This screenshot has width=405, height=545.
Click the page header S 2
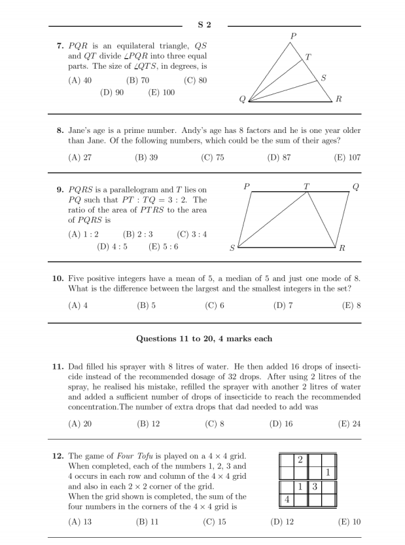(205, 25)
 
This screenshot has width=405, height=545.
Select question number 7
(59, 45)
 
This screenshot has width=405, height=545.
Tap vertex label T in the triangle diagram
(308, 57)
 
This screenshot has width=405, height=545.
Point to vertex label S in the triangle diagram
(323, 78)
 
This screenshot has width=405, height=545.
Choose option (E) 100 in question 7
(162, 93)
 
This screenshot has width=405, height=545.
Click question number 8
(59, 130)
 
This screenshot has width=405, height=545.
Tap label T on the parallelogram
(306, 186)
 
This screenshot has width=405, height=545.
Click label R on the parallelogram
(342, 249)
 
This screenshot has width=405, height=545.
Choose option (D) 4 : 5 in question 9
(112, 247)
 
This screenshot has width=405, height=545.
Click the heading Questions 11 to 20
(204, 339)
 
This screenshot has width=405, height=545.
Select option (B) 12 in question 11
(147, 423)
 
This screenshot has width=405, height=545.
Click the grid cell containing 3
(314, 487)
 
